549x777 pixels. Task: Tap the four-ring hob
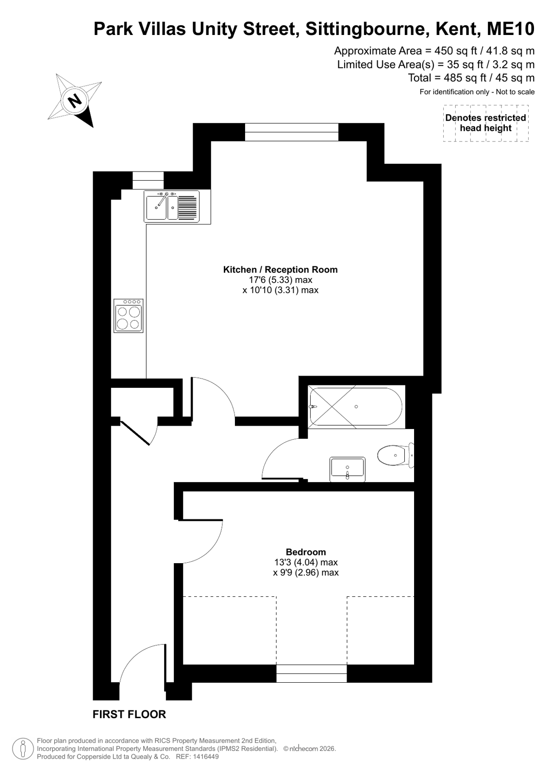128,316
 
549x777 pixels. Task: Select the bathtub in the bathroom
356,407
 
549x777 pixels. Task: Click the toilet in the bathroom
395,455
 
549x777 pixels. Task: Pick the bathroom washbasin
348,469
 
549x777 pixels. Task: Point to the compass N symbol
74,101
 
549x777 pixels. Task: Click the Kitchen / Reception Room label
280,270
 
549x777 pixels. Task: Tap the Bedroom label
306,552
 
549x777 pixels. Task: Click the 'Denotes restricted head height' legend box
485,123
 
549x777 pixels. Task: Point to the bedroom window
311,673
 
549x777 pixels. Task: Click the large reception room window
291,132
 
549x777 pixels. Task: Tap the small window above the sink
148,180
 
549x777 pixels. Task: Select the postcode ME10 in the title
511,29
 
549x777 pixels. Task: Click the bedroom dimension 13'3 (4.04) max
306,562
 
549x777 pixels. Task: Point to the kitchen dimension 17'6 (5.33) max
280,279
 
